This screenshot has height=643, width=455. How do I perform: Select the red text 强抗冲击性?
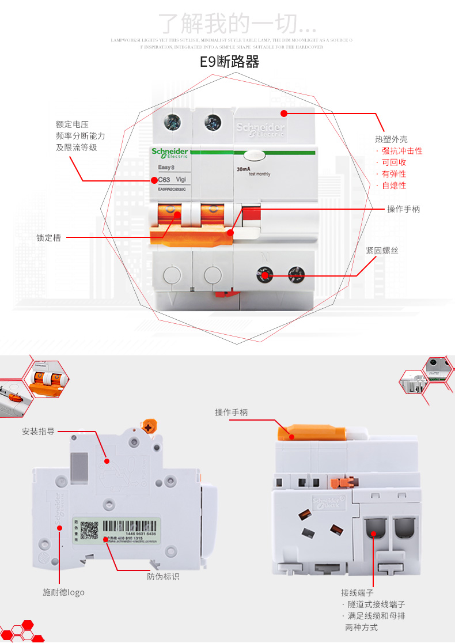coord(402,151)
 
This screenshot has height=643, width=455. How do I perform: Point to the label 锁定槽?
coord(48,237)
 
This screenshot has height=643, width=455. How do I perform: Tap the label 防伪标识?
coord(163,576)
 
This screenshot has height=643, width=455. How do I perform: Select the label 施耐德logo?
coord(63,592)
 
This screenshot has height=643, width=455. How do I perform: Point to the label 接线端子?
coord(357,593)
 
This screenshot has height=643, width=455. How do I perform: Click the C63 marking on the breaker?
coord(164,179)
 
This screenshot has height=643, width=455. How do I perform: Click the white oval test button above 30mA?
coord(254,154)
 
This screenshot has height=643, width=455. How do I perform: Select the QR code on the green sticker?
coord(89,530)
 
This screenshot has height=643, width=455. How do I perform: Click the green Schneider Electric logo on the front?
coord(170,153)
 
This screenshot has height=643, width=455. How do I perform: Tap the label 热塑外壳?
coord(391,139)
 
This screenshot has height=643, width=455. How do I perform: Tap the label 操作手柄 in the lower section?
coord(231,412)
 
